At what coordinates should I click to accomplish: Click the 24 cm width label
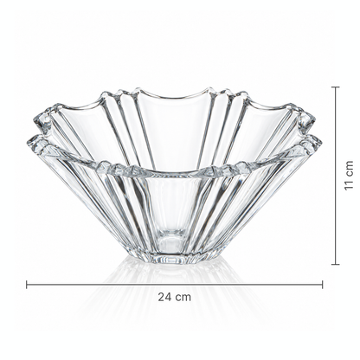coord(174,297)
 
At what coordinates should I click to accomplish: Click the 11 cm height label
coord(349,176)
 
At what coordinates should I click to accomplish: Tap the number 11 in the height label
coord(349,185)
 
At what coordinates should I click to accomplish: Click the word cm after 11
coord(349,168)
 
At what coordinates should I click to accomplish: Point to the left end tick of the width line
coord(27,285)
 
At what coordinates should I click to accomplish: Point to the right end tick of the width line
coord(322,285)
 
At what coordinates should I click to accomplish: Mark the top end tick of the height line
coord(335,87)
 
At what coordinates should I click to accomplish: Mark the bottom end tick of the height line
coord(335,264)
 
